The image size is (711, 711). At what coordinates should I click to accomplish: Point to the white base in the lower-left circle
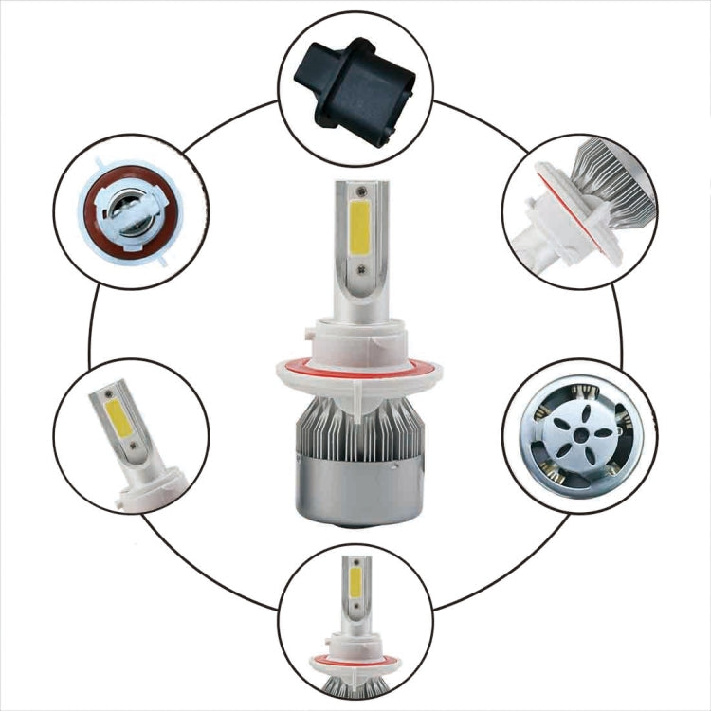(x=152, y=493)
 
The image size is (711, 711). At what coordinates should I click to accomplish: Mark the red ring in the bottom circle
(x=355, y=660)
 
